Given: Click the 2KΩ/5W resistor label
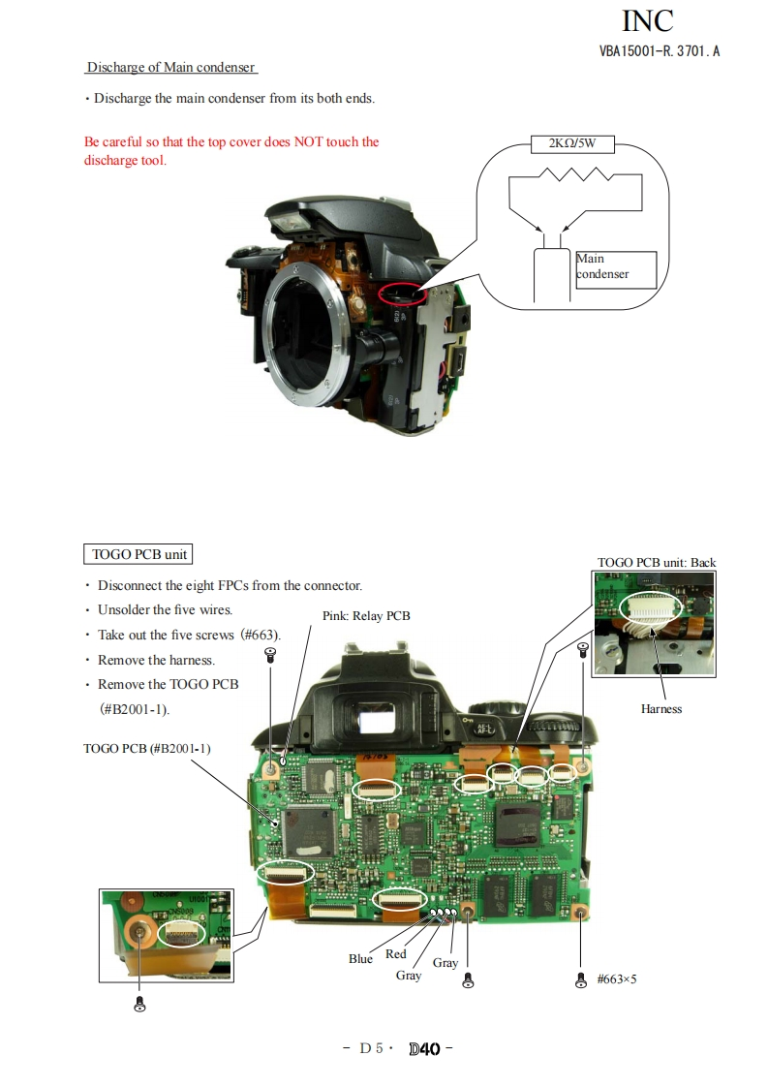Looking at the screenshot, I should pyautogui.click(x=573, y=143).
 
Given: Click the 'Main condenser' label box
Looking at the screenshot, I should pyautogui.click(x=615, y=266).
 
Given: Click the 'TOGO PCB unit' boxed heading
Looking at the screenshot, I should pyautogui.click(x=139, y=554).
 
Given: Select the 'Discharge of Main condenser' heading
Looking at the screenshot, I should pyautogui.click(x=170, y=68).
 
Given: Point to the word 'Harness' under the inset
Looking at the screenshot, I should pyautogui.click(x=661, y=709).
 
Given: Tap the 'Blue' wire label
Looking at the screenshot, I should pyautogui.click(x=360, y=959).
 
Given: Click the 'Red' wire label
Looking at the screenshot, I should pyautogui.click(x=396, y=954).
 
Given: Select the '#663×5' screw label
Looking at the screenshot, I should pyautogui.click(x=617, y=978).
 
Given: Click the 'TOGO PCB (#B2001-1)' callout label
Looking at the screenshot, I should pyautogui.click(x=147, y=748).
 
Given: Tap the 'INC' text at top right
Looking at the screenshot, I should pyautogui.click(x=647, y=20).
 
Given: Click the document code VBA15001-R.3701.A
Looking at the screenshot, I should pyautogui.click(x=659, y=51).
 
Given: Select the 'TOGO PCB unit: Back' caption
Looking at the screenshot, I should pyautogui.click(x=657, y=562).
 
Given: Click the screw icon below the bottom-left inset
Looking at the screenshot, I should pyautogui.click(x=139, y=1003).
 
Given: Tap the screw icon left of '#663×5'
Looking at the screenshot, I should pyautogui.click(x=581, y=979).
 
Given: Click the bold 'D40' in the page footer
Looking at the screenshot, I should pyautogui.click(x=424, y=1048).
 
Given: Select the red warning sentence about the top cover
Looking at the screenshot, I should pyautogui.click(x=231, y=151).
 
